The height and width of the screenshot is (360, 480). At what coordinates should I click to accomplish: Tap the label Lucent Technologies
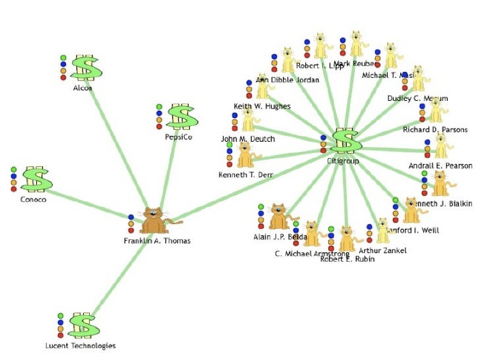point(80,345)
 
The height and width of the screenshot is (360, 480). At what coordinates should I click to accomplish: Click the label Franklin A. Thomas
point(157,241)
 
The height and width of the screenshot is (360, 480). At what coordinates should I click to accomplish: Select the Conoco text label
point(32,200)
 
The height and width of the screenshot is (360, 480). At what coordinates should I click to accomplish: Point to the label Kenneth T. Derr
point(245,175)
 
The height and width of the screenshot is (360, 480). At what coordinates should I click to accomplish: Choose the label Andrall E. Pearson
point(440,166)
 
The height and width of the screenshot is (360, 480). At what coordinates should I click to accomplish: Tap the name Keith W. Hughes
point(262,106)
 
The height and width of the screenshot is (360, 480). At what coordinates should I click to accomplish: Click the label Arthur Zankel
point(382,251)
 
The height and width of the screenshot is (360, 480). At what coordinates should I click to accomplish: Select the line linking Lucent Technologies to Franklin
point(119,277)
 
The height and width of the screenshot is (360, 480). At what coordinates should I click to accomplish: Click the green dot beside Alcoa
point(63,57)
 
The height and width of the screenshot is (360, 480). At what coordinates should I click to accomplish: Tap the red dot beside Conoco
point(14,189)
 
